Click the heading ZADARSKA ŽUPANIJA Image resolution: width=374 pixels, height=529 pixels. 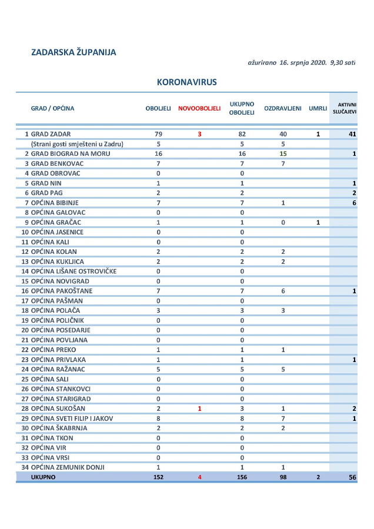74,52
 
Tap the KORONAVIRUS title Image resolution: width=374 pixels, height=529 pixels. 187,82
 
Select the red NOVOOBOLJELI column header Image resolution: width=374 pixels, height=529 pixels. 199,108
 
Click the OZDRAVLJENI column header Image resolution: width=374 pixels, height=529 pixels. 283,108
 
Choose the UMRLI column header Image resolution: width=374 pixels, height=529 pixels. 318,108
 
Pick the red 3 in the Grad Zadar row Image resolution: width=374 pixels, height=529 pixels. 199,134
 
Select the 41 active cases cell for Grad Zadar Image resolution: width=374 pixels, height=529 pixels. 352,134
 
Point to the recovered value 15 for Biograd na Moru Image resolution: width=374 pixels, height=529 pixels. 283,153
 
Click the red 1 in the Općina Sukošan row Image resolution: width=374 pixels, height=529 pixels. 199,408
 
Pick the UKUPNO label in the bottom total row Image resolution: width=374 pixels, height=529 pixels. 43,477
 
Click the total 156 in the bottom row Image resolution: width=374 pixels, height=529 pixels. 242,477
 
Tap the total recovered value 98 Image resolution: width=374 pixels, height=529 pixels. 283,477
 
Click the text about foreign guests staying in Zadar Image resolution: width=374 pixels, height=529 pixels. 81,143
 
